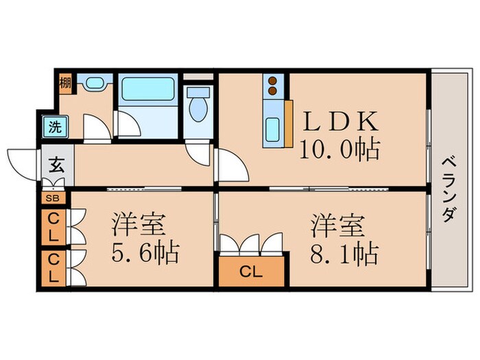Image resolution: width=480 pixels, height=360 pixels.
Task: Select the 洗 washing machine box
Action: click(x=52, y=127)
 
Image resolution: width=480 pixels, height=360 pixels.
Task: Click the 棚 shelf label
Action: click(x=64, y=84)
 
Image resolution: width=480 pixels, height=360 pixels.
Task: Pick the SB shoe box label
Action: click(x=52, y=199)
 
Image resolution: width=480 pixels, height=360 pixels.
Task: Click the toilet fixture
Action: click(x=199, y=106)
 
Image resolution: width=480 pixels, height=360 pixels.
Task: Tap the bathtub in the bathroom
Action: click(x=149, y=90)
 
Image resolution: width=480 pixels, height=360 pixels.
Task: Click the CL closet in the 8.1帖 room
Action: click(x=250, y=270)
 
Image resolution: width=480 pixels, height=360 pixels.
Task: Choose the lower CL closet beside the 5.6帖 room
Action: click(x=53, y=268)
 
